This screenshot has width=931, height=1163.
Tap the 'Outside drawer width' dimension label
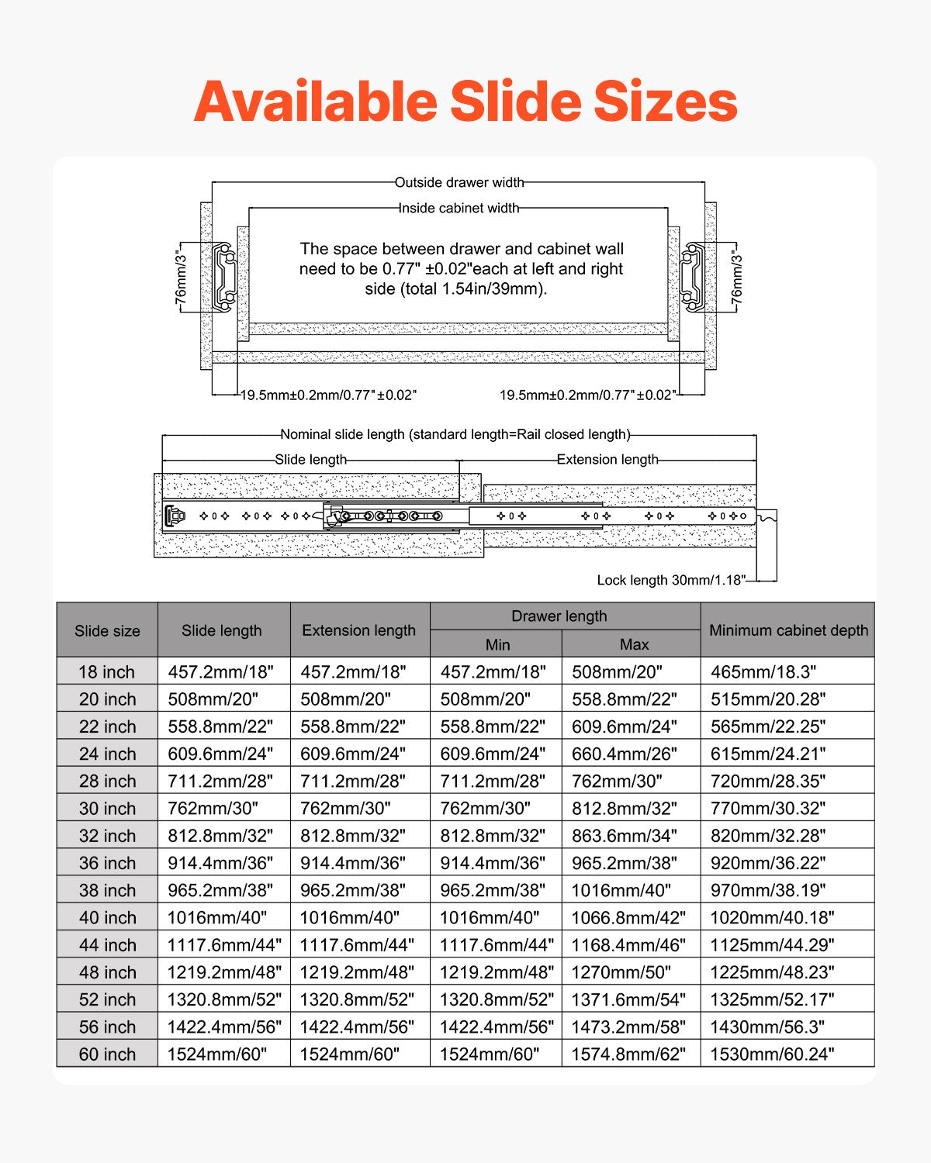click(x=459, y=183)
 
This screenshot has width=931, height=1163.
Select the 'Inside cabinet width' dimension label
click(x=459, y=208)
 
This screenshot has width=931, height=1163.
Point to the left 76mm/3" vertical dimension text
click(x=181, y=277)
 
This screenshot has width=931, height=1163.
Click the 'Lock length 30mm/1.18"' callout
click(x=671, y=580)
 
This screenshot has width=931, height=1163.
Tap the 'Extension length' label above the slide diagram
click(x=607, y=460)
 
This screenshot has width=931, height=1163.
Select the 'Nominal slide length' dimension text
click(x=455, y=434)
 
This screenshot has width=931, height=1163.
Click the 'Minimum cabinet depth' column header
click(x=788, y=630)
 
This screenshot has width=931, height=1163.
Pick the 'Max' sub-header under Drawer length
click(x=634, y=644)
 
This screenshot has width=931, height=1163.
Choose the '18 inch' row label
click(x=107, y=671)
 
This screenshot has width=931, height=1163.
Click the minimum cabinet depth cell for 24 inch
click(x=768, y=754)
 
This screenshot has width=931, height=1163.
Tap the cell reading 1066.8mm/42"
click(x=628, y=918)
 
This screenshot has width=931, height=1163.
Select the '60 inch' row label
click(x=107, y=1054)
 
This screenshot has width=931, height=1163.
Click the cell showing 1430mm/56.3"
click(x=768, y=1027)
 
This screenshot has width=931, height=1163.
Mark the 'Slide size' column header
click(x=107, y=630)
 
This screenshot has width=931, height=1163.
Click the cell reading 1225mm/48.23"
click(x=772, y=972)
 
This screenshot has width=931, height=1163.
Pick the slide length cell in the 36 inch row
click(x=220, y=863)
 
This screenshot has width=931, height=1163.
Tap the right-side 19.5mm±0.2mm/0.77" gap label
click(x=587, y=395)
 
